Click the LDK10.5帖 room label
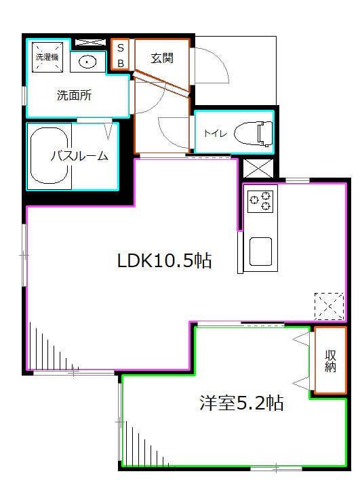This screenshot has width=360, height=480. point(165,260)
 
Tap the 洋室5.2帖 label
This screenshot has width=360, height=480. point(241,403)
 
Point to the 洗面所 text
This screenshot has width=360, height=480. point(73,95)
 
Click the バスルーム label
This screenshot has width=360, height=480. point(79,156)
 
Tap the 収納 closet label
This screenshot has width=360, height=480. point(330,360)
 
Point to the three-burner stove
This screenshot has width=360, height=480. point(260,199)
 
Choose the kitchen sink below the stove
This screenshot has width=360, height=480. point(260,251)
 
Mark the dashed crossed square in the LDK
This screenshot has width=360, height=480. point(329,306)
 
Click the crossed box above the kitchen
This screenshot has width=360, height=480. point(258,167)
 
